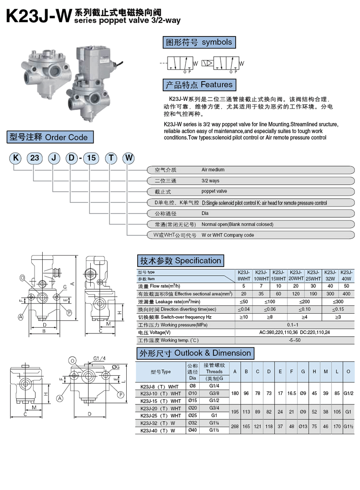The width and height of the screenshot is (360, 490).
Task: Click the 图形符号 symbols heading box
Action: (199, 42)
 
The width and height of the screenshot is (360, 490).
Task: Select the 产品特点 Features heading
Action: (199, 85)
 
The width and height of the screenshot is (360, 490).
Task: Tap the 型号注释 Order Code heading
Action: (49, 137)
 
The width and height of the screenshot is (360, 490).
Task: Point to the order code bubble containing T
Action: (111, 158)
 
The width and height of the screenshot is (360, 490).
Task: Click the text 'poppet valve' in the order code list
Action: (215, 191)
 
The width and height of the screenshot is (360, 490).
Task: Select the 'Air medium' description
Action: (213, 170)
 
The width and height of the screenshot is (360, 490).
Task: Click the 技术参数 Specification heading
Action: (180, 261)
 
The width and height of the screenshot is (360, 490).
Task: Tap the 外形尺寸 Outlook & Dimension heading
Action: (195, 353)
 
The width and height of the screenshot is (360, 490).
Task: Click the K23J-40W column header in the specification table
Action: (347, 275)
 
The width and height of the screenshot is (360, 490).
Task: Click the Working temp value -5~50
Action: (294, 340)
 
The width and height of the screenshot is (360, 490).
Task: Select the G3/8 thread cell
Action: (214, 393)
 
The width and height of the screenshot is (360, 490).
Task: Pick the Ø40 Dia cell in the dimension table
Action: (193, 430)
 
